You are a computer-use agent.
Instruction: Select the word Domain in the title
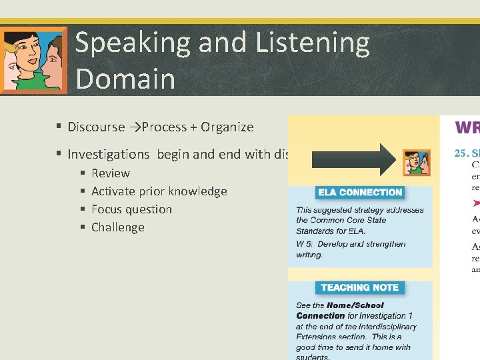(125, 79)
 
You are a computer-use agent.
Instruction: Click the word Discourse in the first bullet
(96, 127)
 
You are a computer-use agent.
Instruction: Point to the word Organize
(227, 127)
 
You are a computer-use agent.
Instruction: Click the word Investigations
(109, 154)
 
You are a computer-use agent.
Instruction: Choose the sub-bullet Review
(111, 173)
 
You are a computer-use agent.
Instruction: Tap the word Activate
(113, 191)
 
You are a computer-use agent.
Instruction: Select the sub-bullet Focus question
(131, 209)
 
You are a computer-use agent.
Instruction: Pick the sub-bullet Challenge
(118, 227)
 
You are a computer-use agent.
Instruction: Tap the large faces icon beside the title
(33, 60)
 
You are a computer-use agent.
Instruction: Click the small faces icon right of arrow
(417, 163)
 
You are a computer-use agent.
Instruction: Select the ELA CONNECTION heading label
(360, 193)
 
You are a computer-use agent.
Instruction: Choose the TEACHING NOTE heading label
(359, 287)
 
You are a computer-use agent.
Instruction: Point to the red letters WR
(467, 128)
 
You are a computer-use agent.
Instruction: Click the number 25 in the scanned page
(460, 153)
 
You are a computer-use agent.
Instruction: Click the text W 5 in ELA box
(303, 244)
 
